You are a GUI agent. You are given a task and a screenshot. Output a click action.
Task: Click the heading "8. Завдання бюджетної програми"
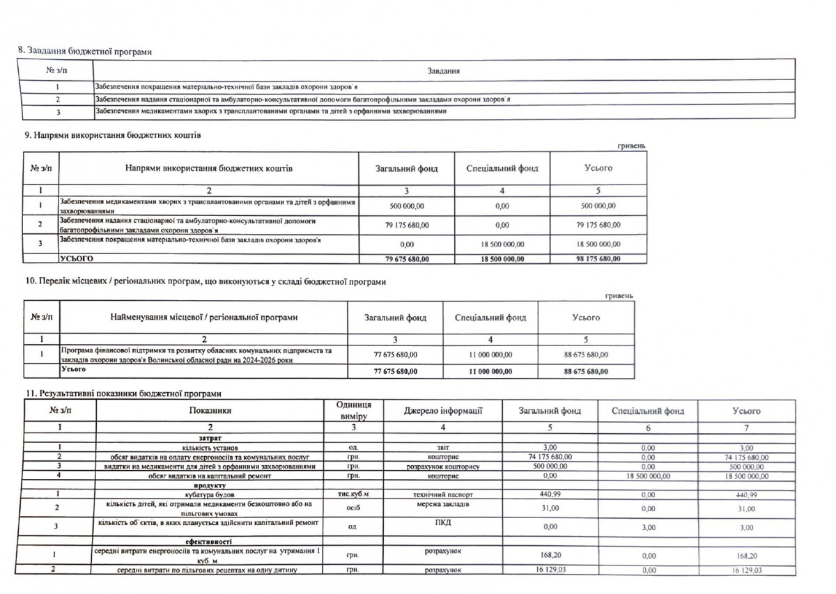pyautogui.click(x=84, y=52)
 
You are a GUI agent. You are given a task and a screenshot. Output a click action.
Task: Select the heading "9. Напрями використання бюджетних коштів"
pyautogui.click(x=112, y=136)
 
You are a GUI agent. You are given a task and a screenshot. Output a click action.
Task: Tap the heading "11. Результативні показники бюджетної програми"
pyautogui.click(x=123, y=394)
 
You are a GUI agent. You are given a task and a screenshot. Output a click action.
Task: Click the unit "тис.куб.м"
pyautogui.click(x=352, y=494)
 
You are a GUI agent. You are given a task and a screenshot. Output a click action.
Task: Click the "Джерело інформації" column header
pyautogui.click(x=442, y=411)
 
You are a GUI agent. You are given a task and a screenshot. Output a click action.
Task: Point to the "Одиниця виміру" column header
pyautogui.click(x=353, y=411)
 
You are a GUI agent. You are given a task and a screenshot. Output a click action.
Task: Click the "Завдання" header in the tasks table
pyautogui.click(x=443, y=70)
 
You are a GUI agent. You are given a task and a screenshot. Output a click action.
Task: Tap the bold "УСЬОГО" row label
pyautogui.click(x=77, y=259)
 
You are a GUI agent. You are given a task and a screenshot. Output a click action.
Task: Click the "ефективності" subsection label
pyautogui.click(x=209, y=541)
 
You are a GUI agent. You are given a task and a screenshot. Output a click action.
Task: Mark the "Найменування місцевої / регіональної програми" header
pyautogui.click(x=204, y=318)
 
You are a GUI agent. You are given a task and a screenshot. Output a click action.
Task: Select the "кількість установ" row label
pyautogui.click(x=209, y=447)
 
